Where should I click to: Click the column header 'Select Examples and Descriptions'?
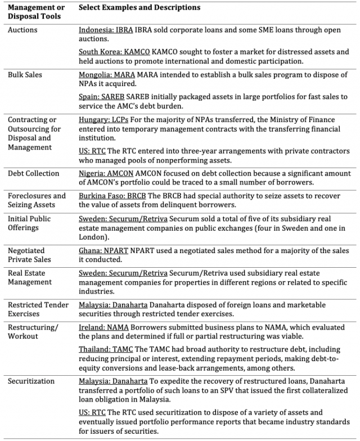coord(139,8)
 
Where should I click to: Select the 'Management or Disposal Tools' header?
coord(36,12)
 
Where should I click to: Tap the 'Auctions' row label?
coord(23,30)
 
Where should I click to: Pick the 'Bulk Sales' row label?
coord(25,74)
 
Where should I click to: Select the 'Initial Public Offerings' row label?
coord(31,223)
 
